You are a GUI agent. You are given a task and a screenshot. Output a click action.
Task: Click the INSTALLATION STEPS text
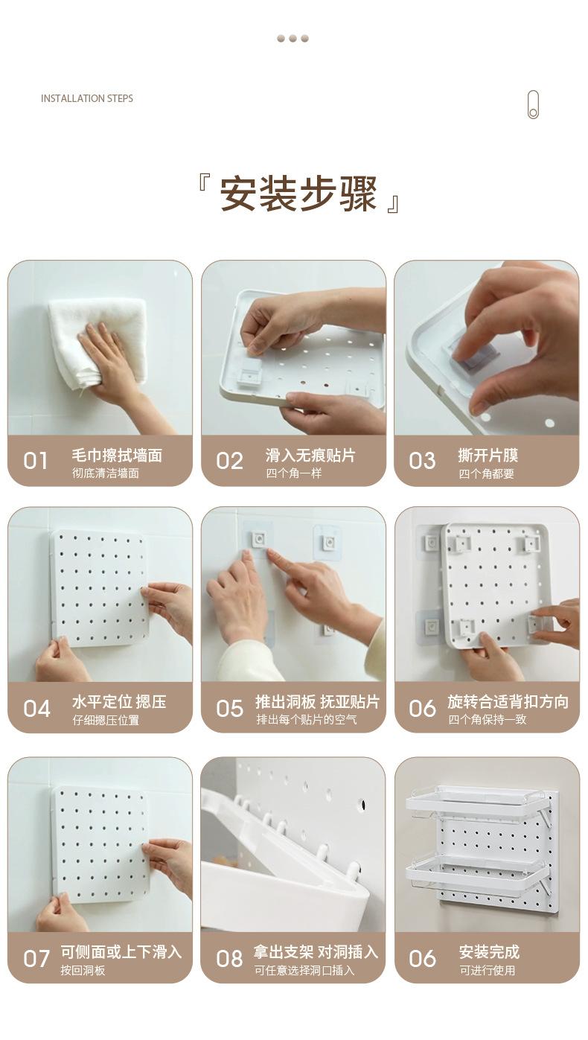click(x=87, y=98)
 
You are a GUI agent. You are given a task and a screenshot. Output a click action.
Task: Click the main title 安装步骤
click(x=298, y=194)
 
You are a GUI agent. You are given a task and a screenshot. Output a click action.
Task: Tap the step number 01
click(x=35, y=461)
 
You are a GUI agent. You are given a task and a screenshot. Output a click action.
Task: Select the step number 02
click(x=229, y=461)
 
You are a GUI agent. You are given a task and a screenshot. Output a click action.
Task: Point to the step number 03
click(x=422, y=461)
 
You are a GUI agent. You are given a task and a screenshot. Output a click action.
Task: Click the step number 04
click(x=36, y=709)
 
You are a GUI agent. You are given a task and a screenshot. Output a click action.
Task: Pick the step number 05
click(x=229, y=709)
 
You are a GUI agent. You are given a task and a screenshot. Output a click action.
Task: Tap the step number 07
click(x=36, y=958)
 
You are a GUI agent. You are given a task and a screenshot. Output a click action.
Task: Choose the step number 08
click(x=229, y=958)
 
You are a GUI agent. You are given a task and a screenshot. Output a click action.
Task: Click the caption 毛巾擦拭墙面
click(x=117, y=456)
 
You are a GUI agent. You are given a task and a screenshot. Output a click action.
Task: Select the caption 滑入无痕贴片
click(x=310, y=456)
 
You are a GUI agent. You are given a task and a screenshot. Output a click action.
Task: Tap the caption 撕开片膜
click(x=488, y=456)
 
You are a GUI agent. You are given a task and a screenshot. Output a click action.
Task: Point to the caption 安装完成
click(x=489, y=952)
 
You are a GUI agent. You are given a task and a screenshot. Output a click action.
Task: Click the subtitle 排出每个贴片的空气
click(x=307, y=720)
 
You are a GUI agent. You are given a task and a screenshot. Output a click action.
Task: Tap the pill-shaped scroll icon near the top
click(x=533, y=104)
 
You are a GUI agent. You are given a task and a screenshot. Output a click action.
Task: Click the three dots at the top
click(x=293, y=39)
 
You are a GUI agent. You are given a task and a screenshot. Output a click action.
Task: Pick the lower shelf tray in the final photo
click(x=476, y=872)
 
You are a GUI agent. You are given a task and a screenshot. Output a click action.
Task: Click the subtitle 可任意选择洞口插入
click(x=304, y=970)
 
